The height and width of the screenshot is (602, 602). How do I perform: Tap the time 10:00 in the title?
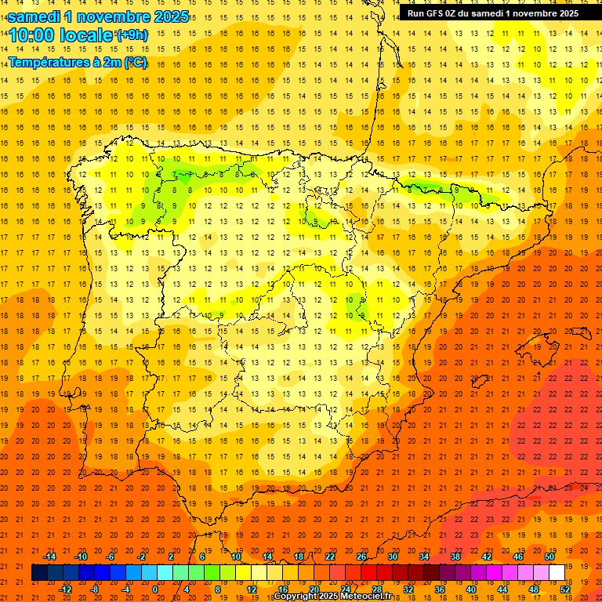31,35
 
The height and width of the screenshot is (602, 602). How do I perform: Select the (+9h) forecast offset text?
131,34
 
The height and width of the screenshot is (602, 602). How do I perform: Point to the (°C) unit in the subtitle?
133,63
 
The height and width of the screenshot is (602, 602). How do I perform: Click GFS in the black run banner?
440,13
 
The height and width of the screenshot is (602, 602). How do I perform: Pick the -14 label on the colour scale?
49,556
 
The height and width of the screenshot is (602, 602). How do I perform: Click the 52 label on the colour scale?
565,589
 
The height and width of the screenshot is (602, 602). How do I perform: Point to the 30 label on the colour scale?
393,556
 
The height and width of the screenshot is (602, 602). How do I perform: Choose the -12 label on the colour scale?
64,589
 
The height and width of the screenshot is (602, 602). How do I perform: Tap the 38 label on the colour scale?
455,556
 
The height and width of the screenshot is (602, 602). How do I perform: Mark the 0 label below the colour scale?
154,589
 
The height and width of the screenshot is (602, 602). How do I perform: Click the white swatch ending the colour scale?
557,572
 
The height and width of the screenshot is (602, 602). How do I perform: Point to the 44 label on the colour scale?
502,589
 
